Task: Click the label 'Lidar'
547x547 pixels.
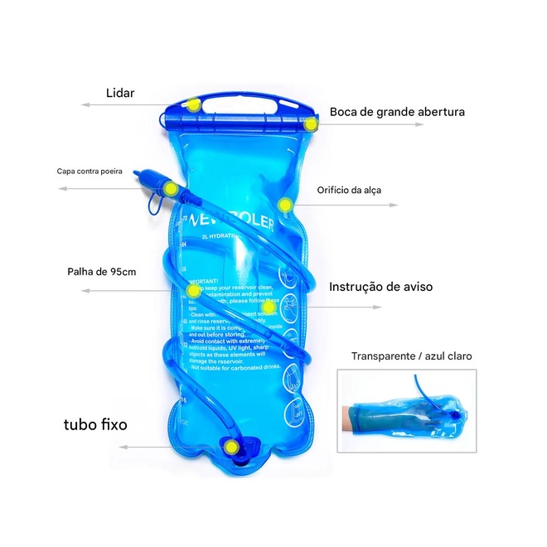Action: (x=120, y=93)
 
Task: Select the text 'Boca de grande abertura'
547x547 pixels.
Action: (x=397, y=112)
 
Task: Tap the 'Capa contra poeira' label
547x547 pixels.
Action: (x=90, y=172)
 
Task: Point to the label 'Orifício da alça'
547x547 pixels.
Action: (x=349, y=190)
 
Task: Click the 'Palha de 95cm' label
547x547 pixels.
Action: (x=101, y=272)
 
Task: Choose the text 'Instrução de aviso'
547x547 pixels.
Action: (x=380, y=287)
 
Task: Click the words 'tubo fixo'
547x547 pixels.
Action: (x=95, y=425)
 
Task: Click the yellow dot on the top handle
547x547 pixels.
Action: (x=193, y=105)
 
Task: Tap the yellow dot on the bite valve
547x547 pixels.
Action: (x=170, y=189)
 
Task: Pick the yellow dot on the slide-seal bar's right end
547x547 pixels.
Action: (x=312, y=124)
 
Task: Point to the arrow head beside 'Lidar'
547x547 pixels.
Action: (x=84, y=105)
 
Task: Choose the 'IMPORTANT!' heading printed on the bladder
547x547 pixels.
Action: (x=206, y=282)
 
